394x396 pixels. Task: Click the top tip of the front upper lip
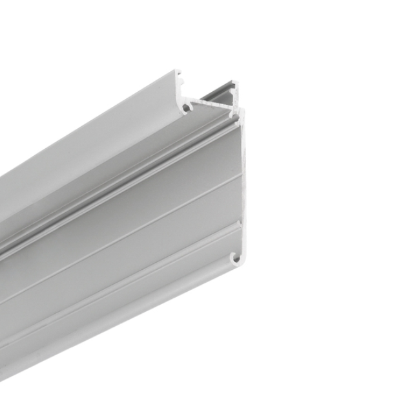(178, 73)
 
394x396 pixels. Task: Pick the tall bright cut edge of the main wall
(244, 181)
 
